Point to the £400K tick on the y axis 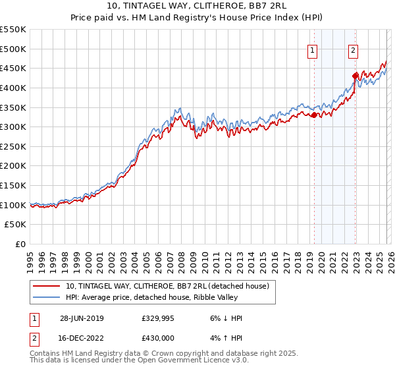(x=13, y=88)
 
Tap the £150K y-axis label (x=13, y=186)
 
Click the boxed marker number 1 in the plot (x=312, y=51)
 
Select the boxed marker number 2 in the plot (x=354, y=51)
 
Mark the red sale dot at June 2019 (x=313, y=115)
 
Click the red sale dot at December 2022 (x=355, y=76)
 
